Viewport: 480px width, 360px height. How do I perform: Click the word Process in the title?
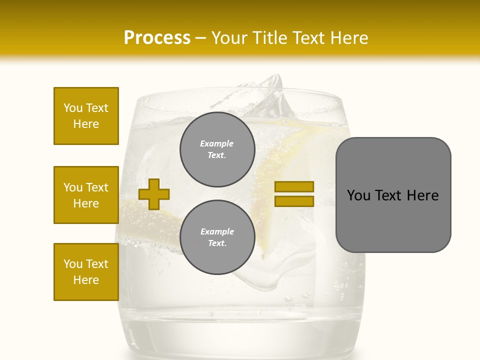pos(157,38)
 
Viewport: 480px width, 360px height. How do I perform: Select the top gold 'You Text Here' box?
pos(86,116)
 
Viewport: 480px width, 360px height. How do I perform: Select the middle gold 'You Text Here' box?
pos(86,195)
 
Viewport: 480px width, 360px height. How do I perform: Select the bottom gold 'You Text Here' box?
pos(86,272)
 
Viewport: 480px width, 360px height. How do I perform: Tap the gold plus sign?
pos(154,194)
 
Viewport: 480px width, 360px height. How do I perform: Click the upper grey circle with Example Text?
pos(217,149)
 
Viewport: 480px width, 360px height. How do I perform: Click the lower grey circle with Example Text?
pos(217,237)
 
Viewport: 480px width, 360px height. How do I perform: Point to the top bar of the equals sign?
pos(294,186)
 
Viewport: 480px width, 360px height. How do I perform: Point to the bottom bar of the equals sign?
pos(294,201)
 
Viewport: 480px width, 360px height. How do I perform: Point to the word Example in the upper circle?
pos(216,143)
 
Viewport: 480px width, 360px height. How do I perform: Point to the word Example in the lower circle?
pos(217,231)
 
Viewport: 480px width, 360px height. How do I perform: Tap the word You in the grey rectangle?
pos(358,195)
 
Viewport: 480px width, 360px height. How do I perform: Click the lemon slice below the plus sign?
pos(150,220)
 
